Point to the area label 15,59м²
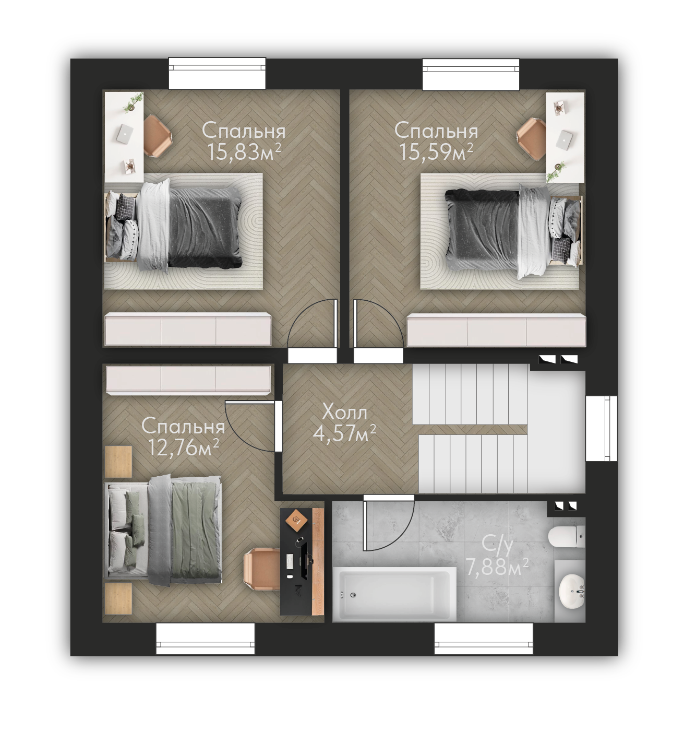pos(436,152)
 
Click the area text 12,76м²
pos(183,447)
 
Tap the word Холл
pos(345,413)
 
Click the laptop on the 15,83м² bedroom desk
pos(124,134)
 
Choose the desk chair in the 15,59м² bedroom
pos(532,138)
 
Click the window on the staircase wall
pos(601,428)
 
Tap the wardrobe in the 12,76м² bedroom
pos(188,379)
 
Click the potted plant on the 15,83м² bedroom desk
pos(133,100)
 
